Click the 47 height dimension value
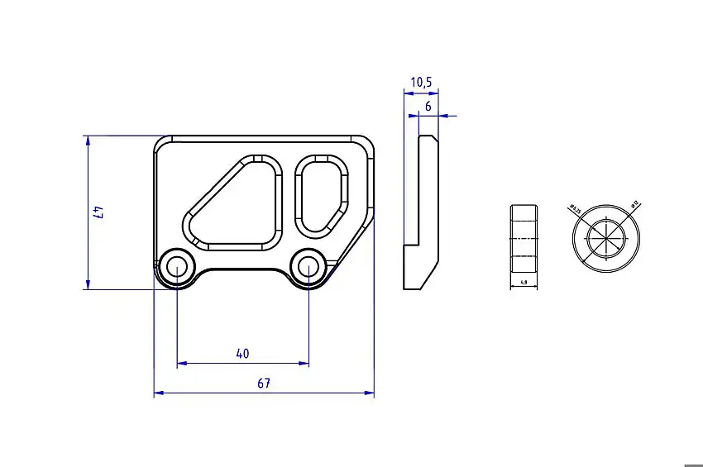(98, 212)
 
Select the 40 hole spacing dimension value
(242, 354)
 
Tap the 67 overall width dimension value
(264, 384)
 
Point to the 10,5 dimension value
(421, 82)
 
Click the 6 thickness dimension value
(428, 107)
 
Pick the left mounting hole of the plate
(176, 266)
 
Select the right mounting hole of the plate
(308, 266)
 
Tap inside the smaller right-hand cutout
(319, 193)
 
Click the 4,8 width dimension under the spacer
(524, 283)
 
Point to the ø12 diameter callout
(634, 203)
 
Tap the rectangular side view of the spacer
(524, 238)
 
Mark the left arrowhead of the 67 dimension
(158, 393)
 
